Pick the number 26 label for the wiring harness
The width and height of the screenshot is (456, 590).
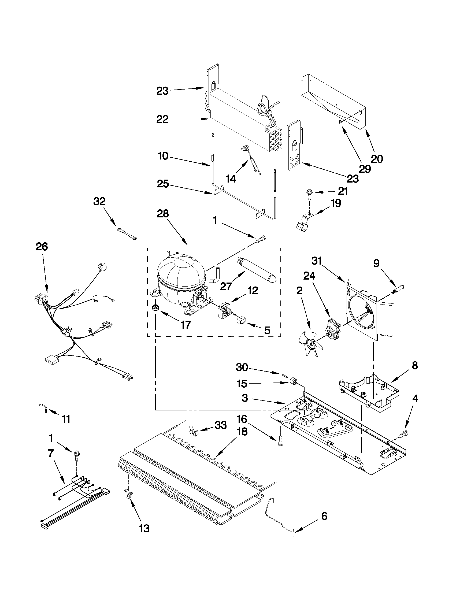(x=42, y=247)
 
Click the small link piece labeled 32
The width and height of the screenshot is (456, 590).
(x=127, y=233)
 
